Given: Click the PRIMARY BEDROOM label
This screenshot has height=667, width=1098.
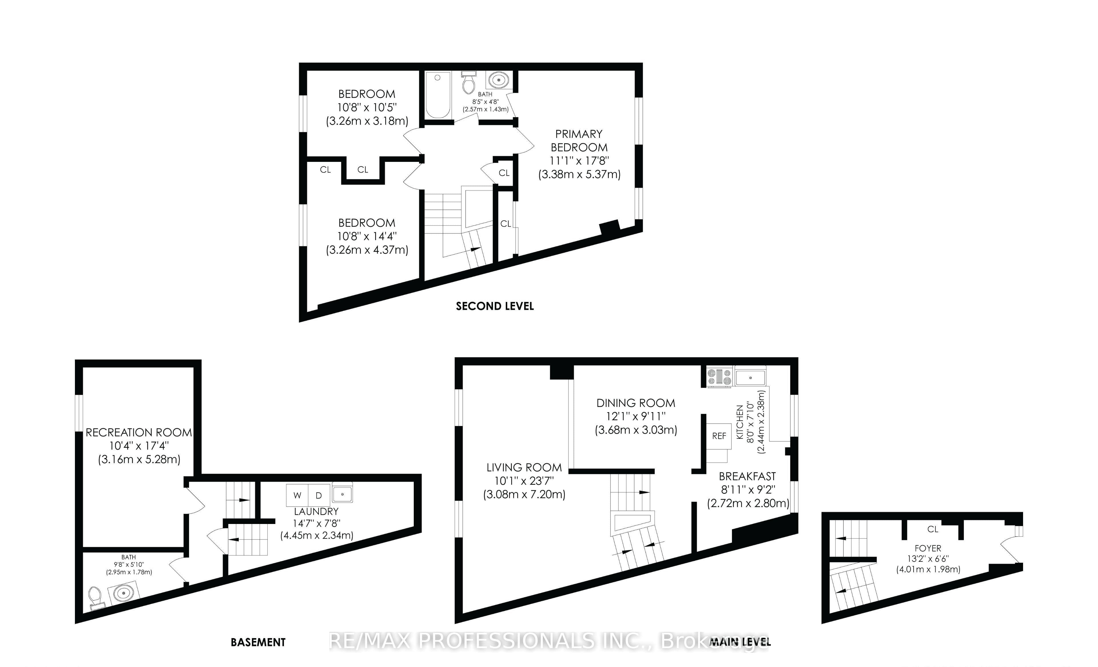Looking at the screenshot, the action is click(579, 140).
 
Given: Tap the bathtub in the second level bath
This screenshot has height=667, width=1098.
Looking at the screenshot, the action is click(438, 95).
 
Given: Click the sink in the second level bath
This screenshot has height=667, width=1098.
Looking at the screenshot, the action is click(499, 80).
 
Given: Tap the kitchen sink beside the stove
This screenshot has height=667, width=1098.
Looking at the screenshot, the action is click(750, 377).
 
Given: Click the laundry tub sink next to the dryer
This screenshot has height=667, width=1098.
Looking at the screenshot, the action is click(342, 494).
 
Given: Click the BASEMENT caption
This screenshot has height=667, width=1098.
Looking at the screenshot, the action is click(258, 642).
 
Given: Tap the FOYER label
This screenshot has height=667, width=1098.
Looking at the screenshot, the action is click(928, 548).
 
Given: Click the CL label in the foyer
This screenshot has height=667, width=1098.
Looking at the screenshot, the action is click(933, 529).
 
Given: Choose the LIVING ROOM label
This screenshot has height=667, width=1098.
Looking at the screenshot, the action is click(524, 468).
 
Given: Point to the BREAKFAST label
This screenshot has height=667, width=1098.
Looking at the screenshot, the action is click(747, 476).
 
